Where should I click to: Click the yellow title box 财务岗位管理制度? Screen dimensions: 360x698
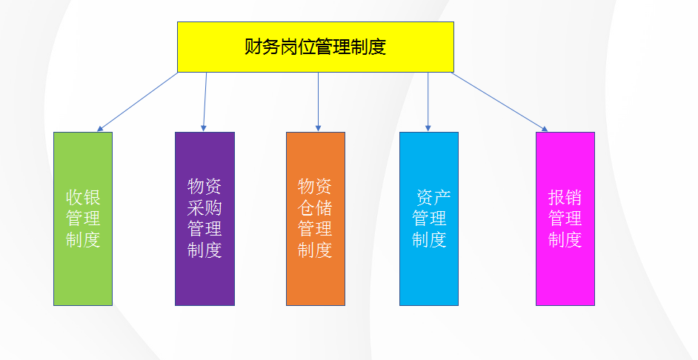[x=315, y=47]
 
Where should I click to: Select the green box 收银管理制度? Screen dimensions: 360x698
[x=83, y=219]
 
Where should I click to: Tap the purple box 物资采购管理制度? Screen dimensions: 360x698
[x=205, y=219]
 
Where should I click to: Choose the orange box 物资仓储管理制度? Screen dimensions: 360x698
[x=316, y=219]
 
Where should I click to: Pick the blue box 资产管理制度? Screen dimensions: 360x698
[x=429, y=219]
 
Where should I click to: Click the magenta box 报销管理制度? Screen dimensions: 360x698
[x=565, y=219]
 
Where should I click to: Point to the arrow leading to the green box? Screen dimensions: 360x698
[x=137, y=102]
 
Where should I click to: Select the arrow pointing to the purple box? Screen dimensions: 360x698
[x=205, y=102]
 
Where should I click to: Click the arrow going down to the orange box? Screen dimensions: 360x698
[x=318, y=102]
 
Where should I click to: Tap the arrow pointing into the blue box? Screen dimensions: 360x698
[x=428, y=102]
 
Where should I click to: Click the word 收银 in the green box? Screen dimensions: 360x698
[x=83, y=198]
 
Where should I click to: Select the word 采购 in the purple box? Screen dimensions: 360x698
[x=205, y=207]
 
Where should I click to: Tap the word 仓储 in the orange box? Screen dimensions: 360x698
[x=316, y=207]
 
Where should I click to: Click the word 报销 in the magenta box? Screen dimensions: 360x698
[x=565, y=198]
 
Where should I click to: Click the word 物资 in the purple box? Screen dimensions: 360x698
[x=205, y=186]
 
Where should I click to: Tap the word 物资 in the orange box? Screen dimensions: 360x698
[x=316, y=186]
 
